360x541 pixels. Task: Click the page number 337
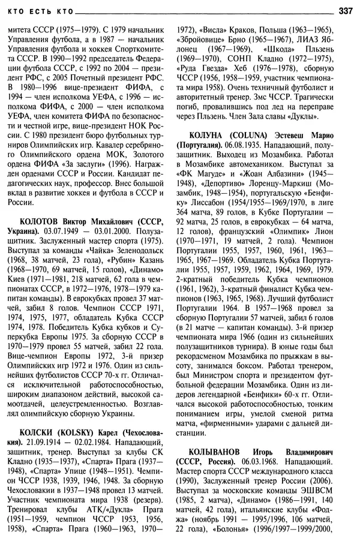coord(345,10)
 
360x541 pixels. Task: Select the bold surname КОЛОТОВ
coord(41,223)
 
